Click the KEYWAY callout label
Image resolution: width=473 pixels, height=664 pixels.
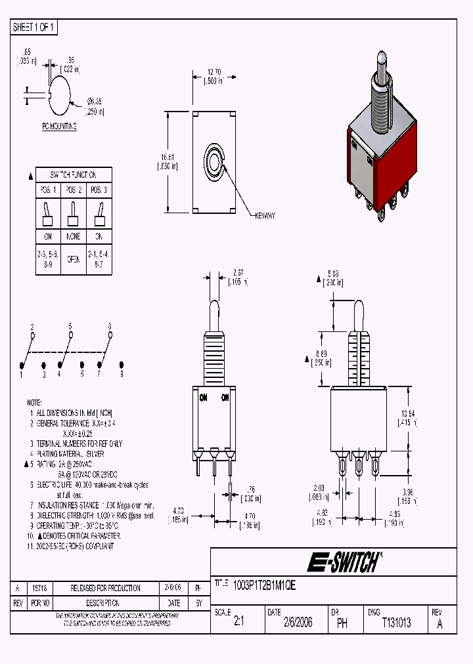pyautogui.click(x=265, y=215)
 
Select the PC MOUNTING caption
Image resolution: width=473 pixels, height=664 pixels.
pyautogui.click(x=58, y=126)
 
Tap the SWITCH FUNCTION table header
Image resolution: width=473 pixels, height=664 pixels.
pyautogui.click(x=73, y=175)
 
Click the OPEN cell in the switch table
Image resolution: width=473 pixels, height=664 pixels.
pyautogui.click(x=73, y=259)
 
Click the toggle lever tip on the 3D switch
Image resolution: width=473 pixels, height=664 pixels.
pyautogui.click(x=380, y=63)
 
